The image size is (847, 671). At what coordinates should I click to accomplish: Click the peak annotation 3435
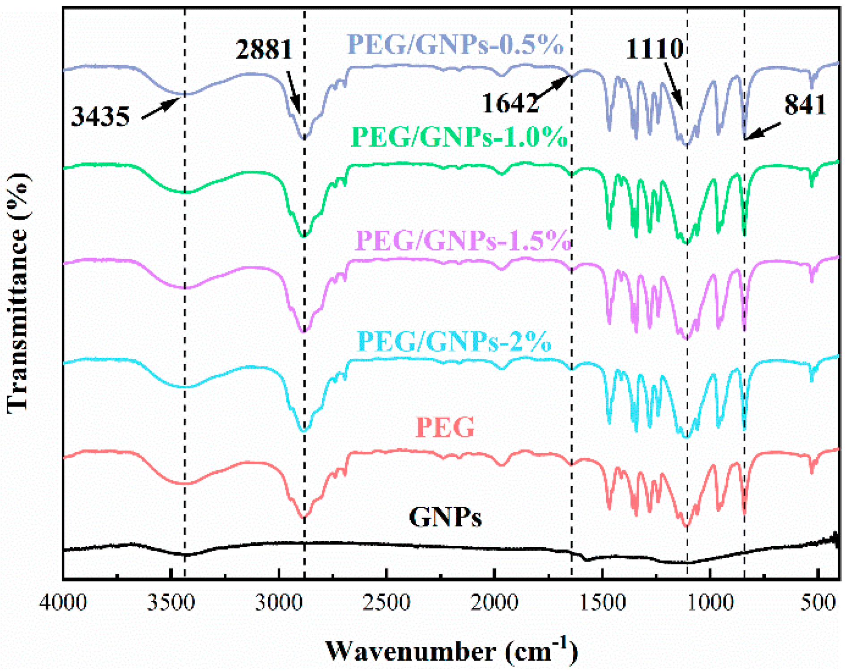coord(100,117)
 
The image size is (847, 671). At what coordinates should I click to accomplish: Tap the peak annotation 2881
coord(264,49)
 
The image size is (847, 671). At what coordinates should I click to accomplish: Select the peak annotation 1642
coord(510,103)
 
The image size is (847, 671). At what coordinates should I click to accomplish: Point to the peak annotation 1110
coord(654,48)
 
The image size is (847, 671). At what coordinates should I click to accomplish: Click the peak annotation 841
coord(804,106)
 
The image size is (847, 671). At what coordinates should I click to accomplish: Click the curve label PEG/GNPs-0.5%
coord(455,45)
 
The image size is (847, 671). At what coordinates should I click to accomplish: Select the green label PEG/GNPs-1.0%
coord(460,137)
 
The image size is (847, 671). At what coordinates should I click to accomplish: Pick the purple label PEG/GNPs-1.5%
coord(463,241)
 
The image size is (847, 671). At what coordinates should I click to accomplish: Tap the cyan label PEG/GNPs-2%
coord(455,342)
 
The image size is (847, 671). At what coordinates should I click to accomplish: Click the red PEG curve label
coord(445,427)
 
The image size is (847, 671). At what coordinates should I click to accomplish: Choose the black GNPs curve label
coord(445,517)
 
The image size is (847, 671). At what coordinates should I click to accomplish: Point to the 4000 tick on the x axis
coord(63,603)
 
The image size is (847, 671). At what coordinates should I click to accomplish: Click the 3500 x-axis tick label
coord(171,603)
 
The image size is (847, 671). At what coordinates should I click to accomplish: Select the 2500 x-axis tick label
coord(387,603)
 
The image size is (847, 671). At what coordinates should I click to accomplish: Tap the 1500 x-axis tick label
coord(602,603)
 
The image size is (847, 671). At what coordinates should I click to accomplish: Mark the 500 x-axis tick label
coord(818,603)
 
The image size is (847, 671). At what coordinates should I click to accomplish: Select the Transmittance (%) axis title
coord(18,293)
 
